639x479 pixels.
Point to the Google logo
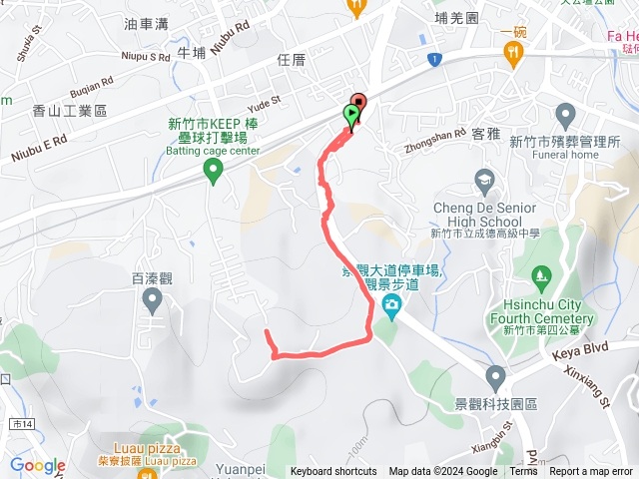38,466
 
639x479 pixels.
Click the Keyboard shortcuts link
333,472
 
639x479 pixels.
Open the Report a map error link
591,472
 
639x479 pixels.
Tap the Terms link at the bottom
523,472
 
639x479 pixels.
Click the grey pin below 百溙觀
152,299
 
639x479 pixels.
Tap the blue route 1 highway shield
433,61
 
